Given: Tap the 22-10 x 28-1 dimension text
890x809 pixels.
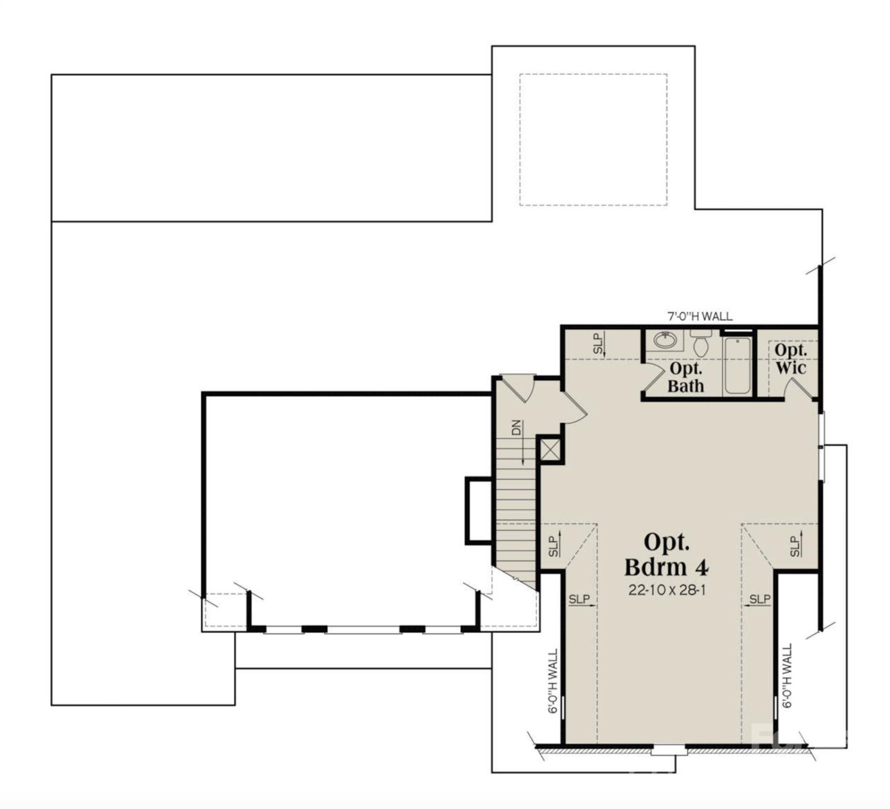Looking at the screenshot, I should [666, 590].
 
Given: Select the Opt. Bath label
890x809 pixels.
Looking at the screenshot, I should [685, 378].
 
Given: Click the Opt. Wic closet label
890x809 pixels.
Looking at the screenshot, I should [791, 359].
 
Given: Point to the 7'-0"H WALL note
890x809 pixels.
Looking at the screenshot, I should [700, 316].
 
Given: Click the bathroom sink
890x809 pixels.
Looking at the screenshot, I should [665, 340].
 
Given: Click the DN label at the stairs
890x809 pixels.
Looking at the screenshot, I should [516, 428].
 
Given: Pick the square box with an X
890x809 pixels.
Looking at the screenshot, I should [549, 449].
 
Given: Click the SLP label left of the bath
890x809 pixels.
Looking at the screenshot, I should [598, 344].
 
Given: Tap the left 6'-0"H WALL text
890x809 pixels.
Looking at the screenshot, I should [553, 681].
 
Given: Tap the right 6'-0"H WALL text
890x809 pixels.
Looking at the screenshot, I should [787, 676].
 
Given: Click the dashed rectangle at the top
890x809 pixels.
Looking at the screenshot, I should [593, 139].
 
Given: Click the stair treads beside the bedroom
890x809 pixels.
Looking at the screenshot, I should [516, 517].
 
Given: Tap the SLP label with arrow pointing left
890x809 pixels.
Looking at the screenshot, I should [760, 600].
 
